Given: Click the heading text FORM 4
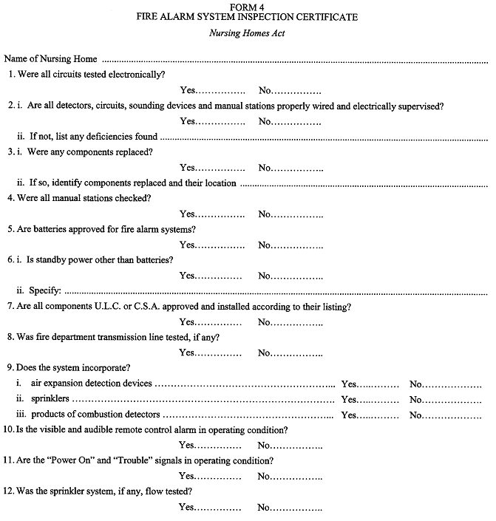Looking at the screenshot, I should [248, 7].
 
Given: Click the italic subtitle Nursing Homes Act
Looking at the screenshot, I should [248, 33].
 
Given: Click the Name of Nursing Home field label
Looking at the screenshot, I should [51, 58].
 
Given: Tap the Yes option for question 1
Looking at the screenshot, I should [188, 90].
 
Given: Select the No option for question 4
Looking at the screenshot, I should [266, 214].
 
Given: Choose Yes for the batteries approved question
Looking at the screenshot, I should [188, 245].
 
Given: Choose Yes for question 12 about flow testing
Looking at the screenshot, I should [188, 508].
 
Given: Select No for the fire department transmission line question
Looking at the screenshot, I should [266, 353].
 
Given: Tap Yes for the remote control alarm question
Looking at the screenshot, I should [188, 446].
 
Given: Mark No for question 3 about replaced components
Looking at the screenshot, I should [266, 168].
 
